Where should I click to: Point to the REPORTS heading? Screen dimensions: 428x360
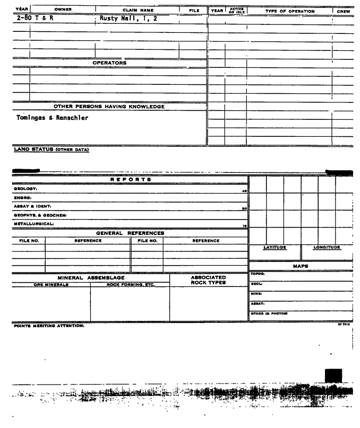[131, 180]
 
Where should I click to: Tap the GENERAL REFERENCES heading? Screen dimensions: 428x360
[130, 233]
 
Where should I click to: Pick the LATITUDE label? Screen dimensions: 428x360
[275, 247]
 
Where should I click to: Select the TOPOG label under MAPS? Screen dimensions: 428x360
[257, 274]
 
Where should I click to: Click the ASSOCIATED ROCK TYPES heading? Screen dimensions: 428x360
[208, 279]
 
